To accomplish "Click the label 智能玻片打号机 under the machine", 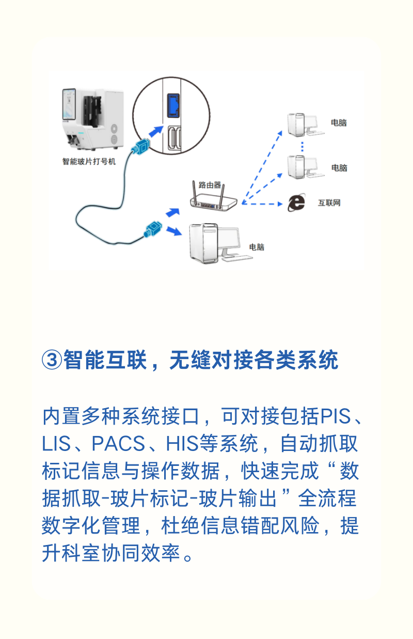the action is click(x=89, y=162).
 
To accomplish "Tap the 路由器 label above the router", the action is click(x=210, y=185).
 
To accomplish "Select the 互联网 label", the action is click(x=329, y=203).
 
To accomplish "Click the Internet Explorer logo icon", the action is click(x=296, y=202).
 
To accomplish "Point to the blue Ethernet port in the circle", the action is click(x=173, y=105).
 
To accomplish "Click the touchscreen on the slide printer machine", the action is click(x=69, y=104).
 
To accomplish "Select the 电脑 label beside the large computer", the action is click(x=257, y=247).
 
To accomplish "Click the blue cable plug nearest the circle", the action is click(x=140, y=147).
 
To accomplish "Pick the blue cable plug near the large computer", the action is click(x=153, y=229).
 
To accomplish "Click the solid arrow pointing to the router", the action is click(x=173, y=212).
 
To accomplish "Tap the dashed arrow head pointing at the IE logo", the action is click(x=280, y=204).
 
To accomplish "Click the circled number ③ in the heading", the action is click(x=52, y=360).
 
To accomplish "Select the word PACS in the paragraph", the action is click(x=118, y=443).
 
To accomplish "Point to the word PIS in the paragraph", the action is click(x=336, y=416).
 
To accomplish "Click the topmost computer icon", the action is click(x=306, y=124).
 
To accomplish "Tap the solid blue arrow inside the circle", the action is click(x=156, y=131).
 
